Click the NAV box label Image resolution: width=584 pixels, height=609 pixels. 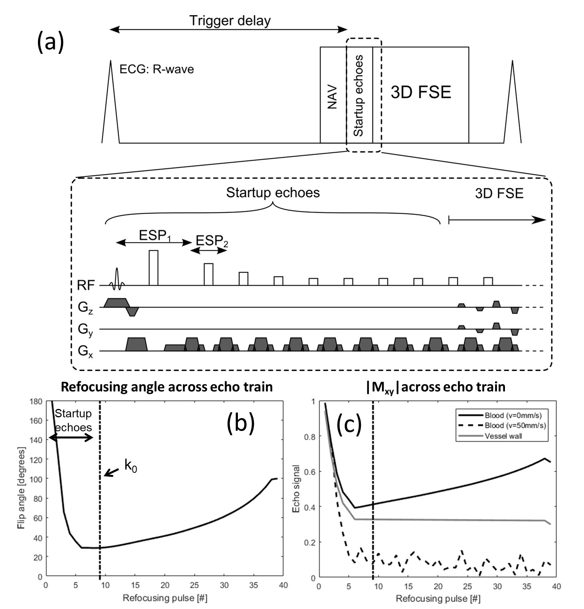pyautogui.click(x=332, y=97)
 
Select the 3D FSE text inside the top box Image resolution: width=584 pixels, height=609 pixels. pyautogui.click(x=421, y=93)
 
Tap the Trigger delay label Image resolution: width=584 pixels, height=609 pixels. pyautogui.click(x=230, y=21)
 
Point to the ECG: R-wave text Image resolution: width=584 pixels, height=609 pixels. pyautogui.click(x=156, y=69)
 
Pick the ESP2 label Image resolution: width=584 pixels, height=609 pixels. pyautogui.click(x=212, y=241)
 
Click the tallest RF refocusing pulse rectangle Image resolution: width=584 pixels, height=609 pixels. pyautogui.click(x=153, y=268)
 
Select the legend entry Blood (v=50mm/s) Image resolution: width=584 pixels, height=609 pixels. pyautogui.click(x=515, y=425)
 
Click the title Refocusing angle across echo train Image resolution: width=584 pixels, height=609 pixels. pyautogui.click(x=166, y=387)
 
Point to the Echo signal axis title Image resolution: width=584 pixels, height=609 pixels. pyautogui.click(x=296, y=489)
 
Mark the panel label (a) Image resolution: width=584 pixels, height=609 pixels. pyautogui.click(x=50, y=42)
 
